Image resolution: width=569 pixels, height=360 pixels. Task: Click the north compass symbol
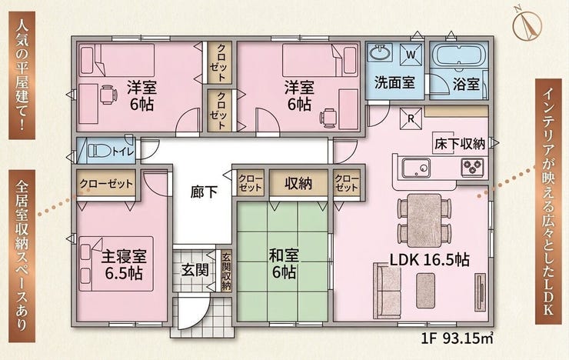527,25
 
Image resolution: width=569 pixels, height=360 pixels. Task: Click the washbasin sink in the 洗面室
381,53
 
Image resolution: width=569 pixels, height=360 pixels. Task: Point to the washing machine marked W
411,55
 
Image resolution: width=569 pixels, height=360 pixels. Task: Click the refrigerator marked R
411,118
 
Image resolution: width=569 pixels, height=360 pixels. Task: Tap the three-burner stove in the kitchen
472,168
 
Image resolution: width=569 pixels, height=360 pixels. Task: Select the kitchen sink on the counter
416,168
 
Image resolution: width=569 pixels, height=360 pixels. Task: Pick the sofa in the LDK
386,291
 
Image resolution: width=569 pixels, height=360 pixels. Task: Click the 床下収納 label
460,144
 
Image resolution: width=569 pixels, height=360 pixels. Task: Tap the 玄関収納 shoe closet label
226,271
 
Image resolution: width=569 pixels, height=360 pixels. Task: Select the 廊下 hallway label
204,192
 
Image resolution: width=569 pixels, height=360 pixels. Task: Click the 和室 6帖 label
284,264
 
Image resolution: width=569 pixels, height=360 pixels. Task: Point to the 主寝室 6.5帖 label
124,265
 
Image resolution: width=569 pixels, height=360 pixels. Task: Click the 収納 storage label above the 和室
298,184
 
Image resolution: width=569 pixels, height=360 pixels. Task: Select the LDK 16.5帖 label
430,260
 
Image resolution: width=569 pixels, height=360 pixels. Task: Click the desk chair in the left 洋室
108,95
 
